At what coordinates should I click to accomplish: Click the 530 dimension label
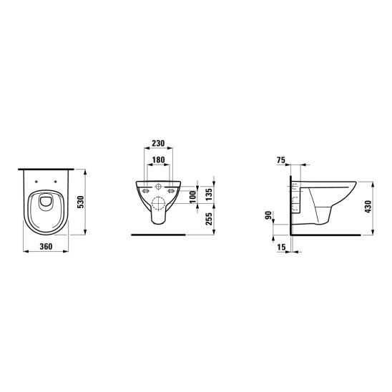pos(81,202)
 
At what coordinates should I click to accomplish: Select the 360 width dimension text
pos(46,247)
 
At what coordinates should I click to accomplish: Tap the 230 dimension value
pos(159,143)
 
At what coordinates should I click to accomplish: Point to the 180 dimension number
pos(159,160)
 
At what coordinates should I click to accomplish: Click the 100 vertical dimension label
pos(193,197)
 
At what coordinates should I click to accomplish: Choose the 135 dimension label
pos(208,194)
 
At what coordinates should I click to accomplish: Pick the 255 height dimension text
pos(208,219)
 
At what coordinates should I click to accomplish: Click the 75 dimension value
pos(281,160)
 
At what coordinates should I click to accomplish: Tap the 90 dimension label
pos(268,215)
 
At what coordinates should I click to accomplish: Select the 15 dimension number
pos(282,248)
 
